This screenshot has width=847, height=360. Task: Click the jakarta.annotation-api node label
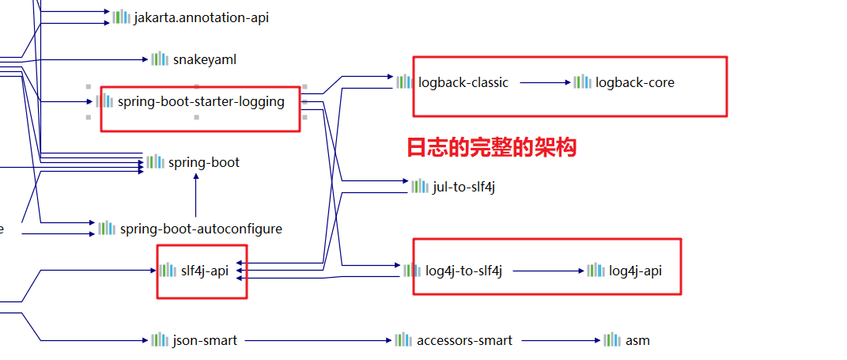coord(201,17)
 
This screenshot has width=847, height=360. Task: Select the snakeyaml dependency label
coord(204,59)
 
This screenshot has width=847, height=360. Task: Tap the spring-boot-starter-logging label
coord(201,101)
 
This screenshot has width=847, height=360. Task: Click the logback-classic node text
coord(463,81)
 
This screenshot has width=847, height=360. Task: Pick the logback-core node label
coord(634,81)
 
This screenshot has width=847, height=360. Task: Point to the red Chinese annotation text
coord(491,147)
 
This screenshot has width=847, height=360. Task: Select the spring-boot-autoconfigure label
coord(201,229)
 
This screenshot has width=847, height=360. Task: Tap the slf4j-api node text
coord(204,271)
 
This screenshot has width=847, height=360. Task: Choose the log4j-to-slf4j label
coord(463,271)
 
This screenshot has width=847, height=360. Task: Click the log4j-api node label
coord(635,271)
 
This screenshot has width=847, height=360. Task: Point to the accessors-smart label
coord(464,340)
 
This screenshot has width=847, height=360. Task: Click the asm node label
coord(637,340)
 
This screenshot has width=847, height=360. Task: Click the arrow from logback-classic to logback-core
coord(545,81)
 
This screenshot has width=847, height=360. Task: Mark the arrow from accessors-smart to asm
coord(560,340)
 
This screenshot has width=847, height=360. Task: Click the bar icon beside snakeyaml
coord(160,59)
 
